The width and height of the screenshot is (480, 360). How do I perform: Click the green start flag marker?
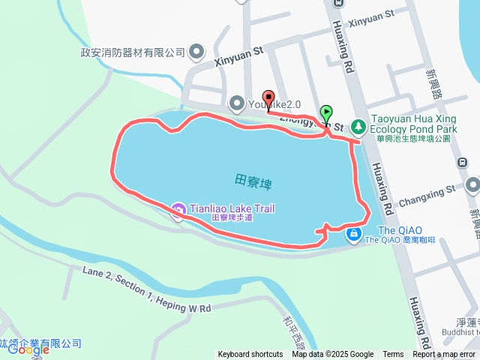coord(326,114)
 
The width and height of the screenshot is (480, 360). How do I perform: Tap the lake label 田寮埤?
coord(253,180)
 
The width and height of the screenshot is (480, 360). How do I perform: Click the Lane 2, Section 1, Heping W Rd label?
coord(147,289)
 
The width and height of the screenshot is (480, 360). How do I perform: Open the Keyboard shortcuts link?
coord(250,355)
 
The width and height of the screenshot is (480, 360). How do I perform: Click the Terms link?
coord(393,355)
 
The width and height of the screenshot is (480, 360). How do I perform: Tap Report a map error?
coord(444,355)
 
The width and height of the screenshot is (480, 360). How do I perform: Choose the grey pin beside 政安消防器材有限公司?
coord(196,52)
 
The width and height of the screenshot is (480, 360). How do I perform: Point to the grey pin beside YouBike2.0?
coord(236,102)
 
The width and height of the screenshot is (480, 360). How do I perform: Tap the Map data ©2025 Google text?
coord(332,355)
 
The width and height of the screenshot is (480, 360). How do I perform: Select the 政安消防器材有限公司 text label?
coord(133,52)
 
